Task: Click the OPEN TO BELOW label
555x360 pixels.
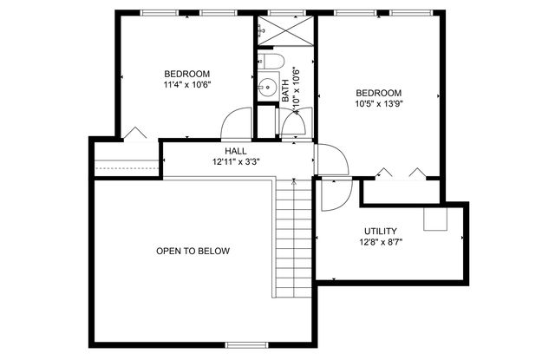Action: point(193,252)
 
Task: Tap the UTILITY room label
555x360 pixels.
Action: point(381,231)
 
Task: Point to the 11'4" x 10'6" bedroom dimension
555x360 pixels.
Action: point(187,85)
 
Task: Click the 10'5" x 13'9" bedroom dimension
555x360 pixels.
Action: point(378,104)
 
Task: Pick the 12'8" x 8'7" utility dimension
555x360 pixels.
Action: point(381,242)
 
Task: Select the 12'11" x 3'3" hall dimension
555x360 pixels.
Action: point(236,161)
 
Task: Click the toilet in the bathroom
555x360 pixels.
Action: point(271,61)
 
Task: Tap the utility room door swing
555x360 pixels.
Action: point(333,193)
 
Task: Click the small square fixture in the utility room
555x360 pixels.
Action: point(435,219)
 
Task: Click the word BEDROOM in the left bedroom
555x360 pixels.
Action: point(187,74)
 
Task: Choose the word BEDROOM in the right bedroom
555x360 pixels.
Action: point(378,93)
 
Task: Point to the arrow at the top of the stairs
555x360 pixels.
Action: point(294,182)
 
